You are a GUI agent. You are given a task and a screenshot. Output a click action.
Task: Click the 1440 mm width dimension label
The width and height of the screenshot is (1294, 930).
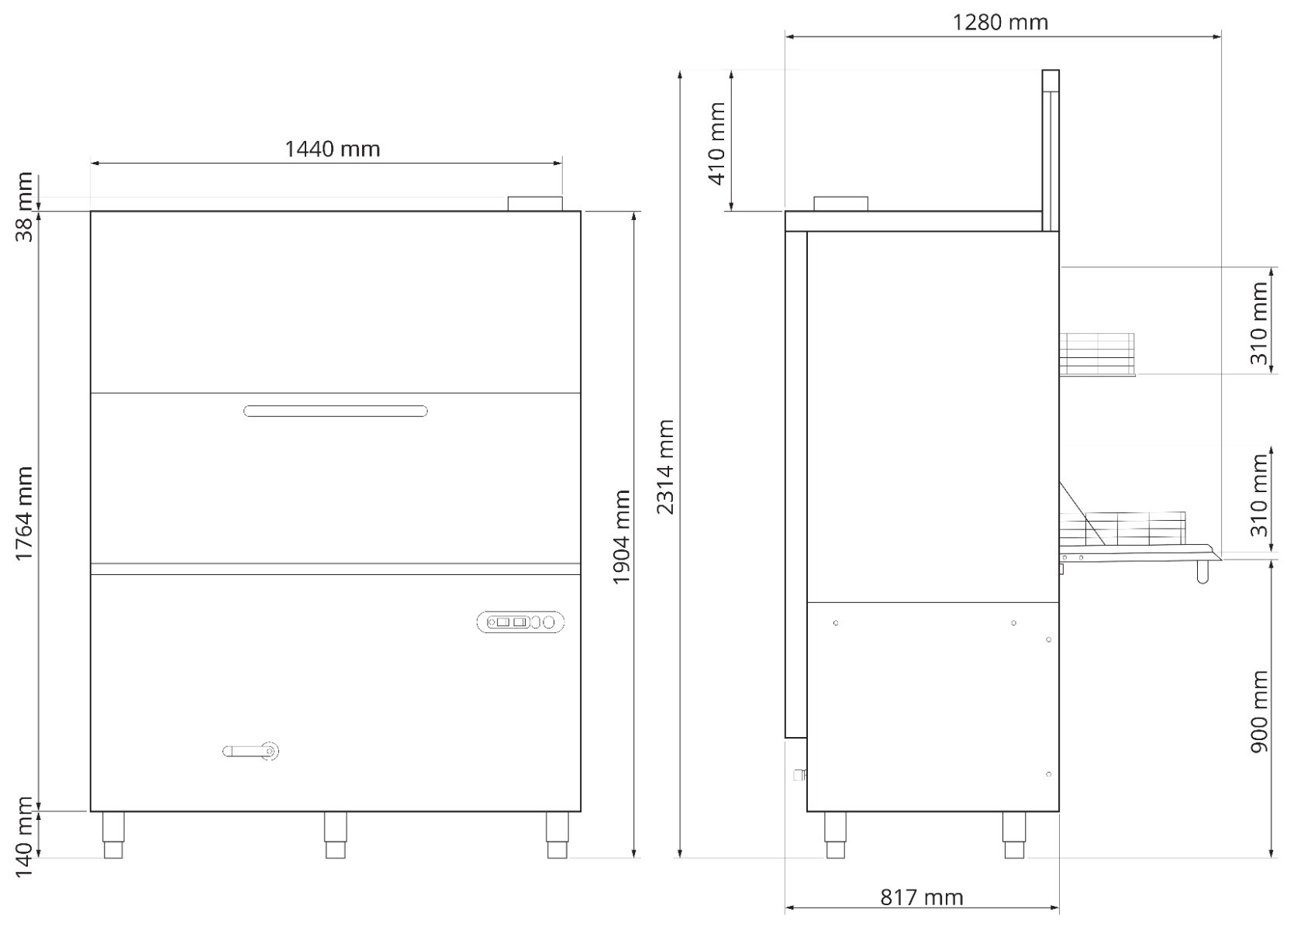point(333,148)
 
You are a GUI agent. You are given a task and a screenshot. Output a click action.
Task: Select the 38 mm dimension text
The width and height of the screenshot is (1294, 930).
point(25,207)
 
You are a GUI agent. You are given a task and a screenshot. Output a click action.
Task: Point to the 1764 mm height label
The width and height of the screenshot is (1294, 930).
point(25,514)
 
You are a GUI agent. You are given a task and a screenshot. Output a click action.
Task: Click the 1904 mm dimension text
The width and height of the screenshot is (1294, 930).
point(622,537)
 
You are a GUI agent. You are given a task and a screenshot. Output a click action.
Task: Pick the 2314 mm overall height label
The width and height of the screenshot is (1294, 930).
point(665,467)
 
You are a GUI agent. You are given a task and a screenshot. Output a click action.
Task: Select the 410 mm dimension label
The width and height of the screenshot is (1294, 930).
point(717,143)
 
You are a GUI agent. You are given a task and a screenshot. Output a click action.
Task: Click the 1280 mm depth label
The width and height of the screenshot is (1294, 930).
point(1000,22)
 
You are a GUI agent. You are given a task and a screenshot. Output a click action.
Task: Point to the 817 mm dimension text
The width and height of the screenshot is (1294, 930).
point(922,897)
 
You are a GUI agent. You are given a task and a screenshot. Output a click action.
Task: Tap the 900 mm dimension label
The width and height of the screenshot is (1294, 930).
point(1260,711)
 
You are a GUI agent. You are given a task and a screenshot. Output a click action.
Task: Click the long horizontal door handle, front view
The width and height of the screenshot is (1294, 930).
point(336,411)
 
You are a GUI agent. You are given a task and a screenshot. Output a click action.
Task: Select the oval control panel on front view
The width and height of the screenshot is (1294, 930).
point(520,622)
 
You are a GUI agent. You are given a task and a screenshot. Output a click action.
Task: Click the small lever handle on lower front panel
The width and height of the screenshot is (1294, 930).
point(250,751)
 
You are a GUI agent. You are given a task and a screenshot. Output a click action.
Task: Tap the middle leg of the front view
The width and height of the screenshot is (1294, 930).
point(335,835)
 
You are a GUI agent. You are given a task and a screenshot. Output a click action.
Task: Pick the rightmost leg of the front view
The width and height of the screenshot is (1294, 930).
point(557,835)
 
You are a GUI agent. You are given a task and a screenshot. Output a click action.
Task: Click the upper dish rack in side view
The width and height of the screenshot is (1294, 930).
point(1096,354)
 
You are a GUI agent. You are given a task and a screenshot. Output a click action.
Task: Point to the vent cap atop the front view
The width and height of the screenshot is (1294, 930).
point(534,204)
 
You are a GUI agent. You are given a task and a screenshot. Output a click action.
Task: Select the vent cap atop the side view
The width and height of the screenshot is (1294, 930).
point(841,203)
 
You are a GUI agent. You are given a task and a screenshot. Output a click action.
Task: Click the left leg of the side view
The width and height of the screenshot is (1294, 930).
point(835,835)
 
